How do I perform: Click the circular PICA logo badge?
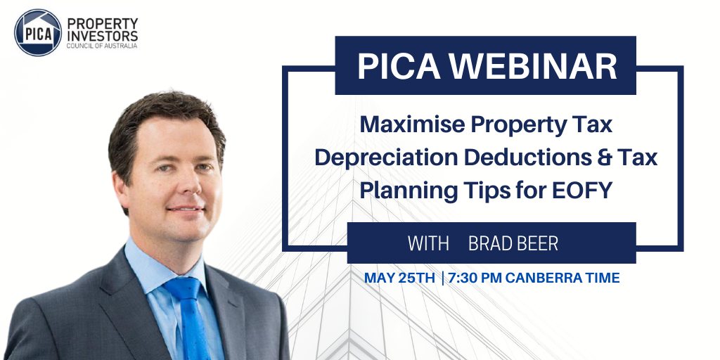tap(38, 32)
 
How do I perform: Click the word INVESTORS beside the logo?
tap(102, 36)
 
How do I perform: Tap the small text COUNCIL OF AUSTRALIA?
tap(102, 46)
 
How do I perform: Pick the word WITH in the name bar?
tap(428, 243)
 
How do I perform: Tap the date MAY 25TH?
tap(399, 278)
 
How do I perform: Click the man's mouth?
tap(186, 210)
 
